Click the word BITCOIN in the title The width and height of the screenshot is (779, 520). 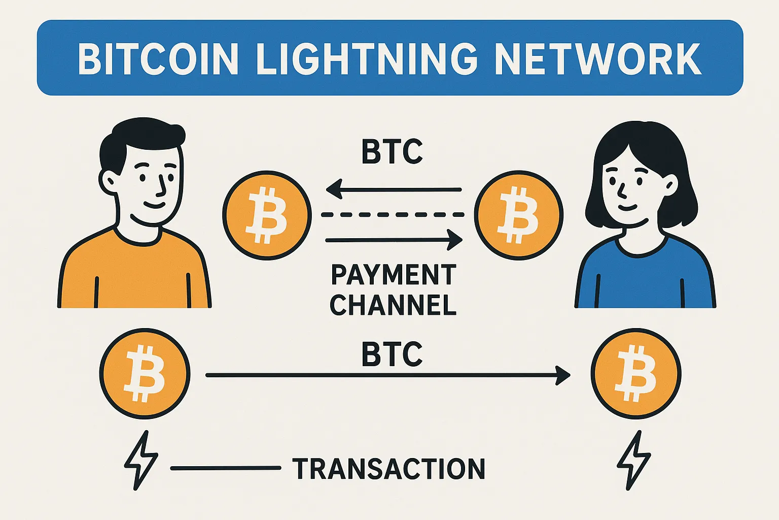tap(158, 59)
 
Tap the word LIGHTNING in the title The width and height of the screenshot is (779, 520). tap(367, 59)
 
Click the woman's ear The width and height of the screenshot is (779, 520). tap(670, 185)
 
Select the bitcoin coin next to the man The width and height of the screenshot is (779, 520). tap(267, 215)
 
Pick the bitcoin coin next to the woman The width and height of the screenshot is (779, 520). tap(518, 215)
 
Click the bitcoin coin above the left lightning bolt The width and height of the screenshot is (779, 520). tap(145, 374)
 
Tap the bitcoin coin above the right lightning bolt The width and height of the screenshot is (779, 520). tap(635, 374)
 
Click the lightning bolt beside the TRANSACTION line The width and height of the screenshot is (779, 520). tap(140, 460)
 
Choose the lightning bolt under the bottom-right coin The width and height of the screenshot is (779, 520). tap(633, 460)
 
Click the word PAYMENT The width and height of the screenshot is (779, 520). tap(394, 275)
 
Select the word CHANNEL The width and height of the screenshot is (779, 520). tap(394, 305)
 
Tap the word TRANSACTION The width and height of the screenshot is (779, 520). tap(389, 469)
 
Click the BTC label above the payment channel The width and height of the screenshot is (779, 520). tap(392, 151)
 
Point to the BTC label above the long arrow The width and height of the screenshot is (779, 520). tap(392, 354)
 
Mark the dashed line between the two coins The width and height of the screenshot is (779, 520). tap(393, 215)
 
